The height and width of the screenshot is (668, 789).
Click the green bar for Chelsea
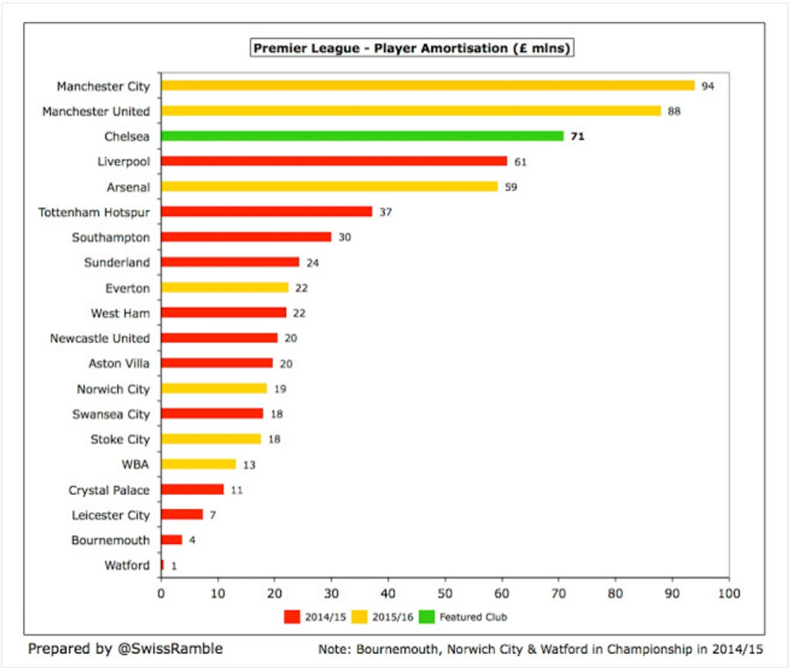point(362,136)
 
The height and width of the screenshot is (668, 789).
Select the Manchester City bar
point(427,85)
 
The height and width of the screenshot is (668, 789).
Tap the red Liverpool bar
point(333,161)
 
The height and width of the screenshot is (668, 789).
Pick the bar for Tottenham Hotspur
point(266,211)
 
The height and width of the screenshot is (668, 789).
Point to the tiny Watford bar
point(162,565)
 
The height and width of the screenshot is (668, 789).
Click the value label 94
point(707,86)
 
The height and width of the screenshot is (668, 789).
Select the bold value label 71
point(577,137)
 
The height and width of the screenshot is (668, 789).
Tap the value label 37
point(385,212)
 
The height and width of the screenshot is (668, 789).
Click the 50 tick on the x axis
point(445,593)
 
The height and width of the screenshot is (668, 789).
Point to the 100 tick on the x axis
point(728,593)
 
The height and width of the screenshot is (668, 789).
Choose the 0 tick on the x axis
point(161,593)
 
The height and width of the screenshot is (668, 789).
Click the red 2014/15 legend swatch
point(292,617)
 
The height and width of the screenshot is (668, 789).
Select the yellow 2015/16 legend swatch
point(359,617)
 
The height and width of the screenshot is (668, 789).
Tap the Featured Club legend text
point(473,617)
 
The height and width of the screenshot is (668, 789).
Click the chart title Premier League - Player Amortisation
point(411,48)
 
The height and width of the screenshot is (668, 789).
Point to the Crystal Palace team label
point(109,490)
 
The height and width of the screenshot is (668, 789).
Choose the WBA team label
point(135,464)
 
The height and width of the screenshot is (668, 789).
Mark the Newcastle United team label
point(99,339)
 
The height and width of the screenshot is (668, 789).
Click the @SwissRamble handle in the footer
point(170,649)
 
